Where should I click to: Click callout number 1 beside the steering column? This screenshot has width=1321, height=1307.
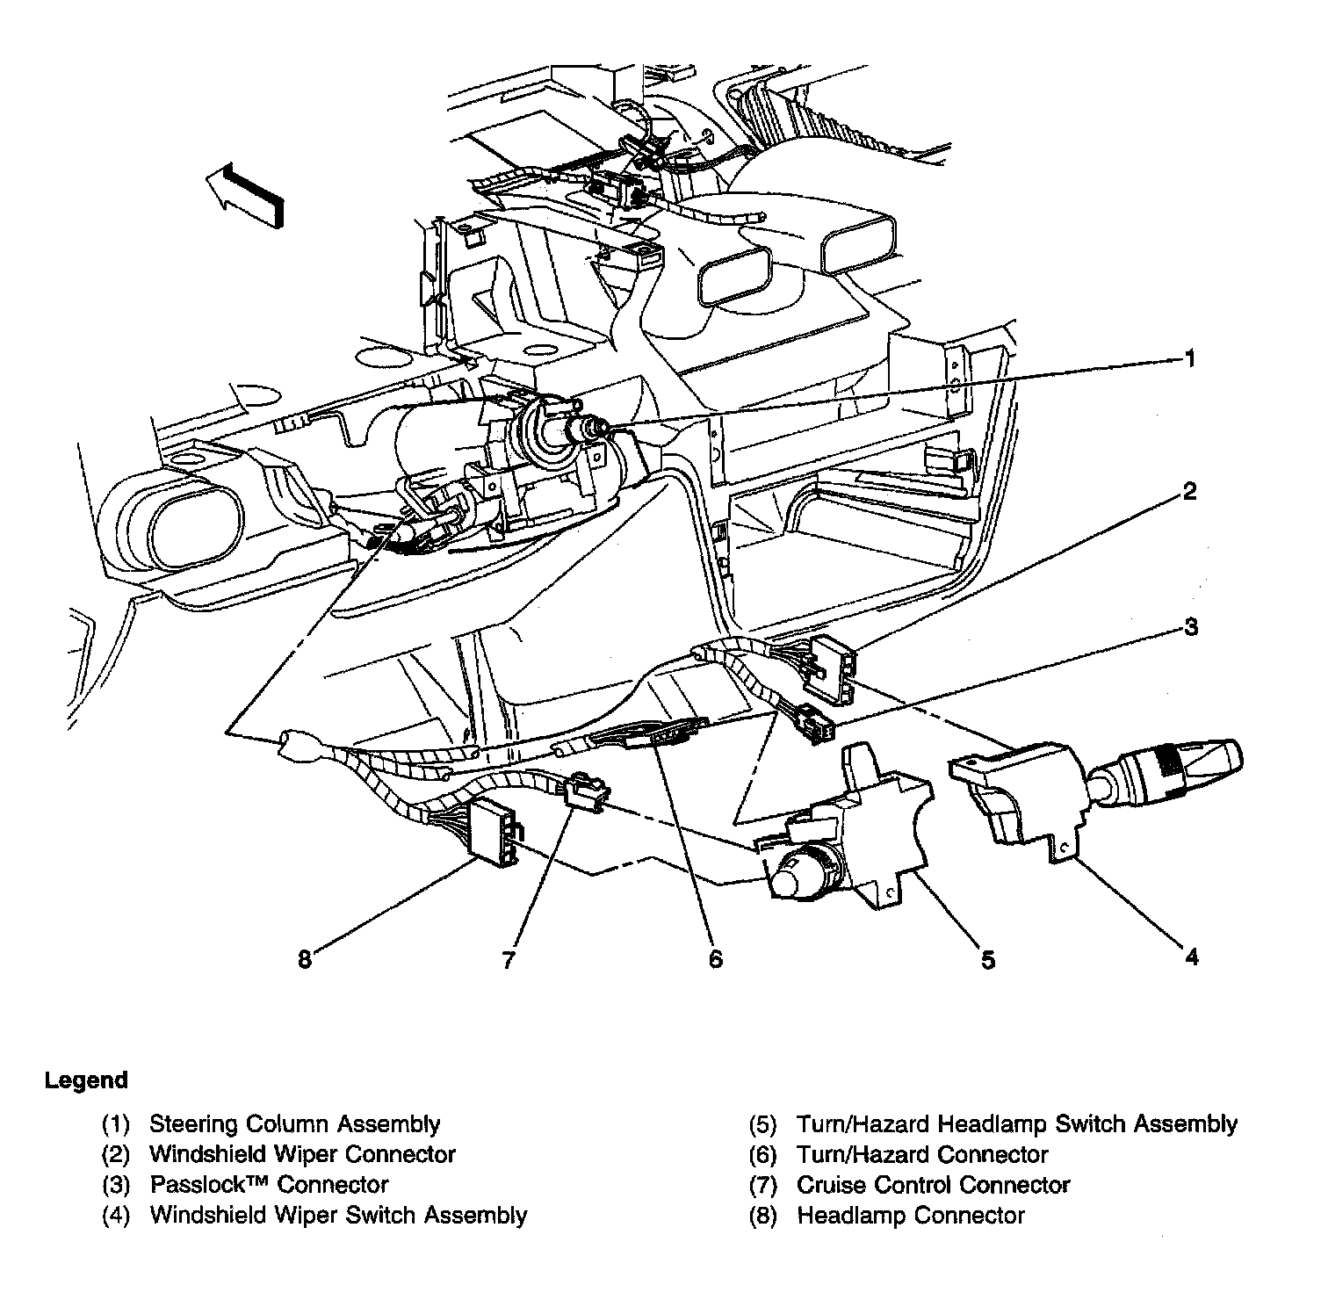(x=1190, y=359)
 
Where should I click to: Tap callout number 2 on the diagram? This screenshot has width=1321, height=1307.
(x=1190, y=491)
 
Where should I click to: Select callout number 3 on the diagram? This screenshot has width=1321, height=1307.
(x=1190, y=627)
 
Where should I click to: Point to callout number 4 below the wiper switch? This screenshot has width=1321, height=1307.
(x=1191, y=957)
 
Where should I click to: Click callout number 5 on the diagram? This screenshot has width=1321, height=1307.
(x=988, y=960)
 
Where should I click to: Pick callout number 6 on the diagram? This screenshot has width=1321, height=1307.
(x=715, y=959)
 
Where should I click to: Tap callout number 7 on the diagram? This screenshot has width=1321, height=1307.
(x=508, y=960)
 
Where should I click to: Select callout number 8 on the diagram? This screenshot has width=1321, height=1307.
(x=305, y=960)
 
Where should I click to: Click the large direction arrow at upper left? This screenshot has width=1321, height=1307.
(x=245, y=195)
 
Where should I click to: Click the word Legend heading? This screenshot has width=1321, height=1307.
(x=86, y=1080)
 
